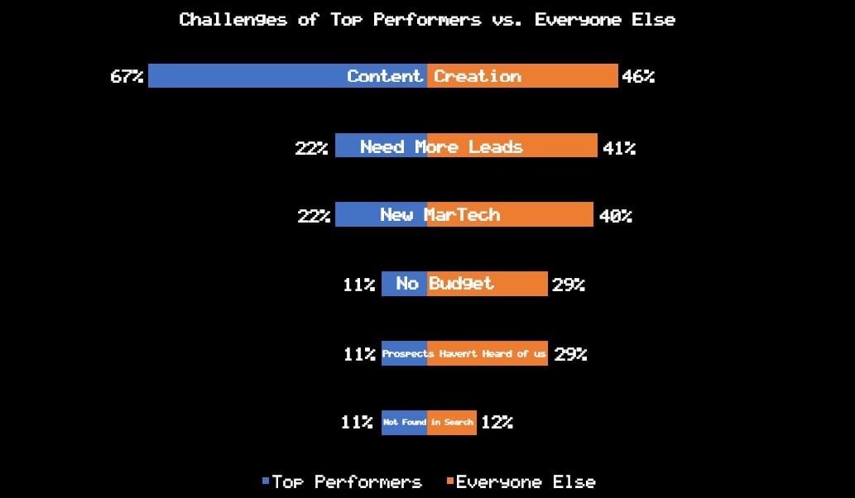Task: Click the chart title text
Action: coord(427,20)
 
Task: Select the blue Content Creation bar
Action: coord(287,76)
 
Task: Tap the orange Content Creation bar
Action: coord(522,76)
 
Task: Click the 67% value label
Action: coord(127,76)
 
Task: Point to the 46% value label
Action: coord(638,76)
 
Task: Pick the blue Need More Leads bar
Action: coord(382,146)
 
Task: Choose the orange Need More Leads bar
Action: coord(512,146)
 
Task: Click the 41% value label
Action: coord(619,147)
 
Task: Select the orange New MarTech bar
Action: coord(510,214)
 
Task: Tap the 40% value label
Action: coord(616,216)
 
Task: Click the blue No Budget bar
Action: coord(404,283)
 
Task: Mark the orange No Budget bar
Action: coord(488,283)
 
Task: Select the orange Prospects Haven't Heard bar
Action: coord(488,353)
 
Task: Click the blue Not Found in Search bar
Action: coord(404,422)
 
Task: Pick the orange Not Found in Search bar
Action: coord(451,422)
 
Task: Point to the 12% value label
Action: coord(497,422)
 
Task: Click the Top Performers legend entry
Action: coord(342,481)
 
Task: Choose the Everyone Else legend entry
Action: coord(521,481)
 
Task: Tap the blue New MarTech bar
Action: coord(382,214)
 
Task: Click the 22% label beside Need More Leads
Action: coord(311,147)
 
